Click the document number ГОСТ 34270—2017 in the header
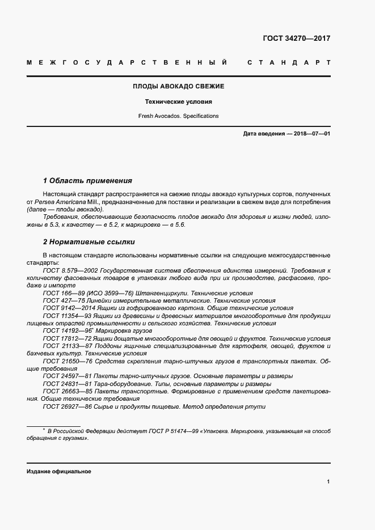pos(296,39)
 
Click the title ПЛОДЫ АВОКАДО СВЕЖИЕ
pos(178,86)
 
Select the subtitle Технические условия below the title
pos(178,102)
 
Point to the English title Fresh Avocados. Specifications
pos(178,116)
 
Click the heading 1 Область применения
pos(87,181)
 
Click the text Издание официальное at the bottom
pos(58,471)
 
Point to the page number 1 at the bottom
pos(328,482)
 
